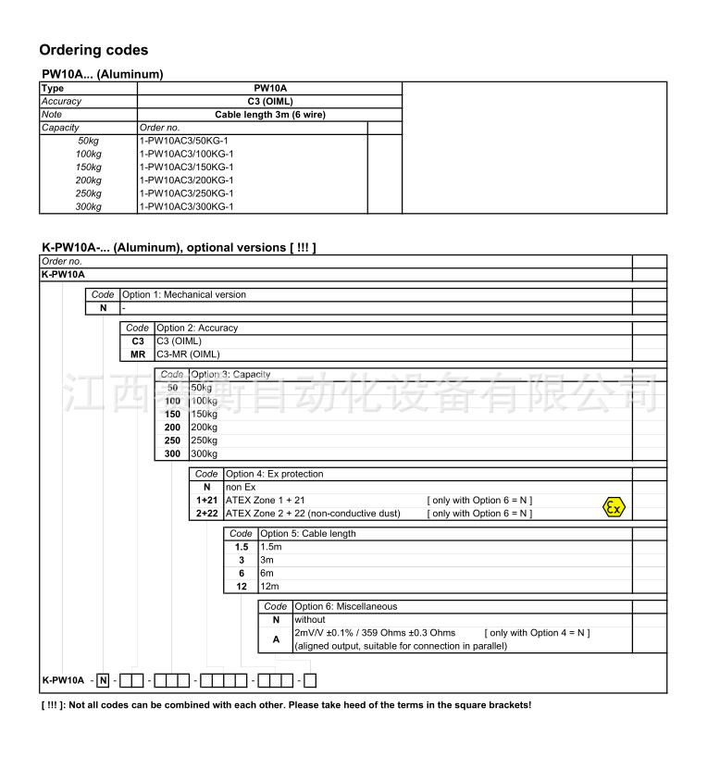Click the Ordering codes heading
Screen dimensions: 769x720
click(93, 50)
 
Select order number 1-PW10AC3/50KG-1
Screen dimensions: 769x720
click(186, 141)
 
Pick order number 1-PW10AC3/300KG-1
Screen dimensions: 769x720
click(188, 206)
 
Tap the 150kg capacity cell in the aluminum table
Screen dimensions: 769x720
click(89, 167)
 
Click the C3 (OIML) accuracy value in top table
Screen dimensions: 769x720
click(269, 101)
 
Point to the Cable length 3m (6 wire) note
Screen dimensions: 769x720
click(269, 115)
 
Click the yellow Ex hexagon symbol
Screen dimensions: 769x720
click(614, 506)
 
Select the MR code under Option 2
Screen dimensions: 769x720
click(138, 353)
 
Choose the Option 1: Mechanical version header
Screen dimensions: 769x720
click(184, 294)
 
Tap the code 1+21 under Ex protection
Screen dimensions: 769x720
click(206, 500)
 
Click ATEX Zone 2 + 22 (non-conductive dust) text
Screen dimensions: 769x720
click(313, 514)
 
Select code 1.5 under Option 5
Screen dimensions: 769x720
click(242, 547)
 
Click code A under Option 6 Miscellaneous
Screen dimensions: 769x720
click(276, 639)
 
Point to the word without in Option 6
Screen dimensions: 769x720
click(310, 619)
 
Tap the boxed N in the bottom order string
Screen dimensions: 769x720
click(103, 681)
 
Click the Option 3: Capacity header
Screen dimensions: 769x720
click(230, 374)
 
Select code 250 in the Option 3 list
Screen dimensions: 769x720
click(172, 440)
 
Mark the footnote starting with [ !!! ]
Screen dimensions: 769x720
click(287, 705)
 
